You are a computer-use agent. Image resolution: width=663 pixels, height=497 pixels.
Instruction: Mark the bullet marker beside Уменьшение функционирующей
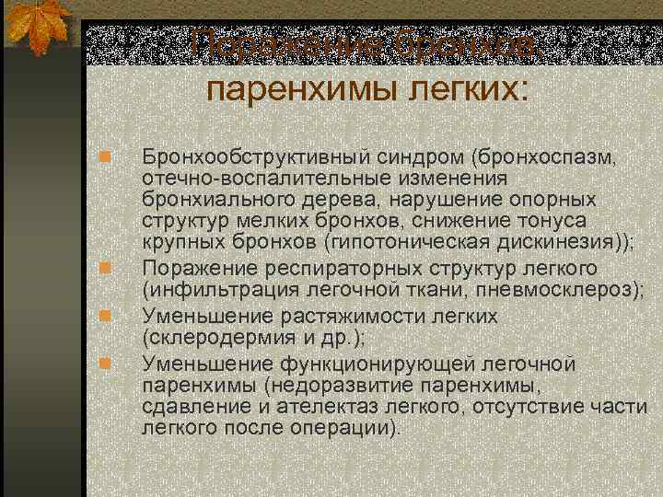click(x=107, y=362)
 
